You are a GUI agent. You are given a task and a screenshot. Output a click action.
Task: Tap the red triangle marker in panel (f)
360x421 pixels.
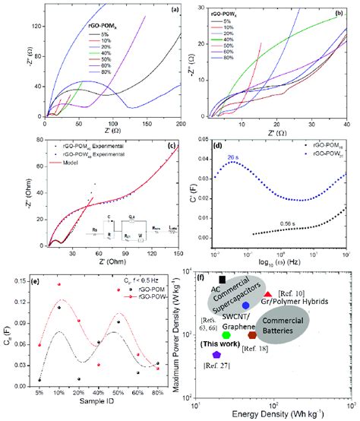coord(268,293)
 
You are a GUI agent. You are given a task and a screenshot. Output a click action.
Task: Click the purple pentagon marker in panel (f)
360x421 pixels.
coord(216,355)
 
